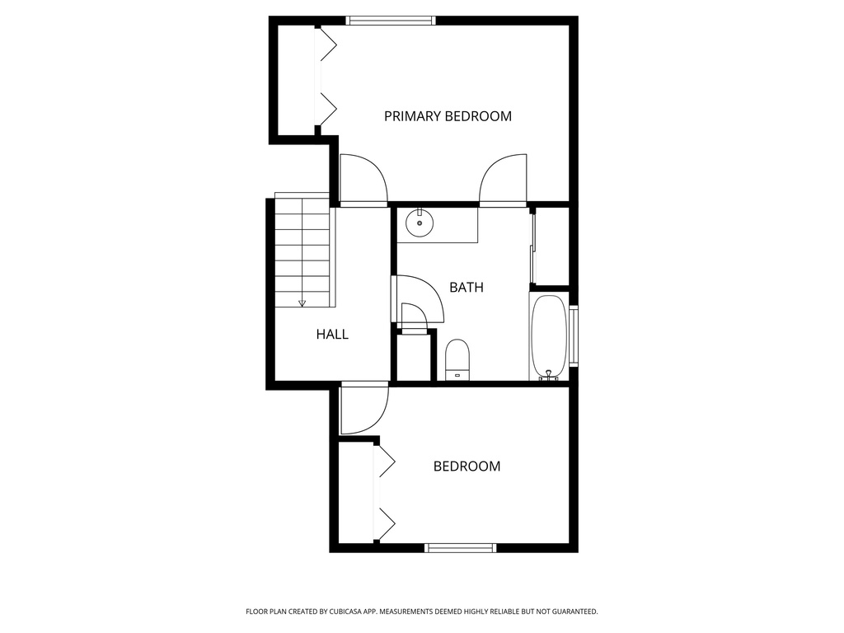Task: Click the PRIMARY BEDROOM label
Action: click(x=448, y=116)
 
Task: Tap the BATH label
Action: click(x=466, y=288)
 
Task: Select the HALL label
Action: click(x=332, y=335)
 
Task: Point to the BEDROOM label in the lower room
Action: click(x=467, y=467)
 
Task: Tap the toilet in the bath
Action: click(x=457, y=359)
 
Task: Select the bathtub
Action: click(x=548, y=337)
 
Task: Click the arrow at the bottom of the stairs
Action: click(x=302, y=302)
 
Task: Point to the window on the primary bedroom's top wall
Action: click(x=391, y=21)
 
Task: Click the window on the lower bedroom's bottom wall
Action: click(x=460, y=547)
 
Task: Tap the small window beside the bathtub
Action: click(x=574, y=335)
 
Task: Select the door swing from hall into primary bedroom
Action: click(x=363, y=180)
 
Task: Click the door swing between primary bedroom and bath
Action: click(x=503, y=180)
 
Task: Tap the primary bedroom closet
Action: click(x=297, y=78)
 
